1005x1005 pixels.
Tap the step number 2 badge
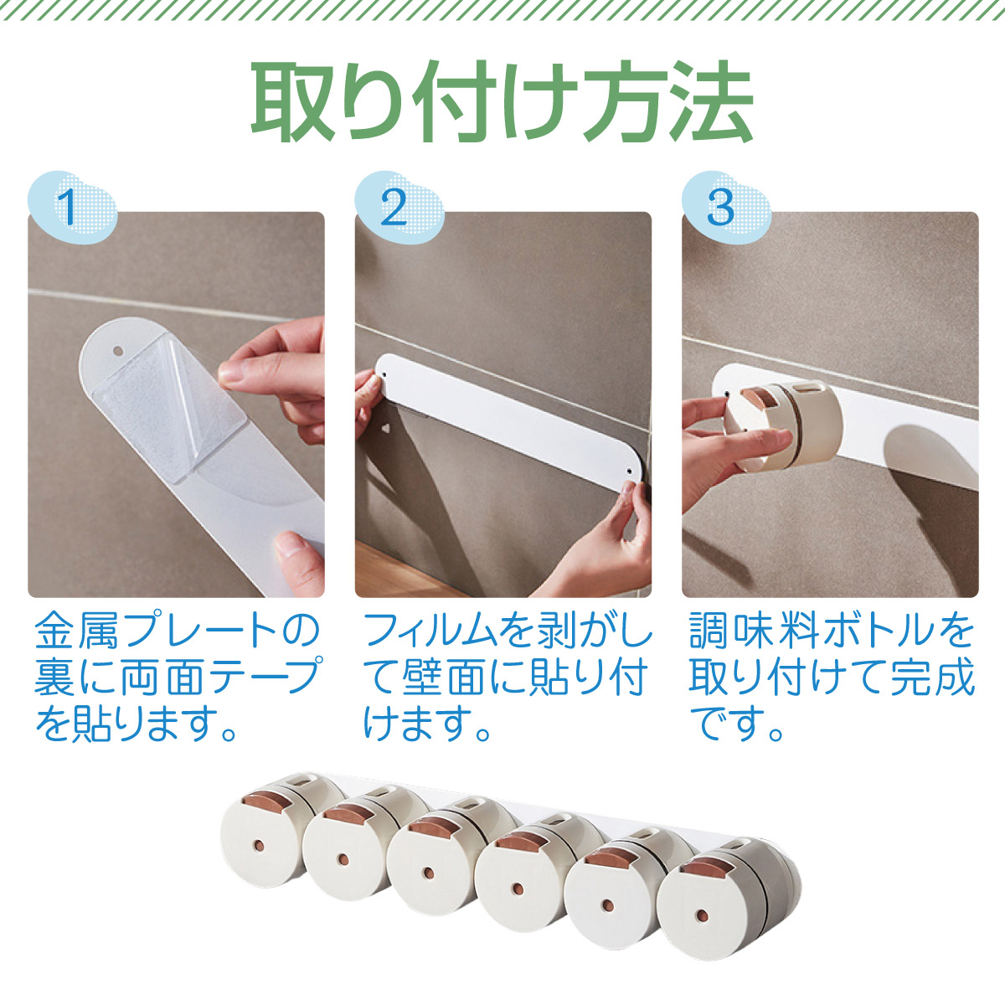[x=396, y=206]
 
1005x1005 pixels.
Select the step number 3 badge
[x=723, y=206]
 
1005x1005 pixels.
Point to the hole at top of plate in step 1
[x=117, y=350]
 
